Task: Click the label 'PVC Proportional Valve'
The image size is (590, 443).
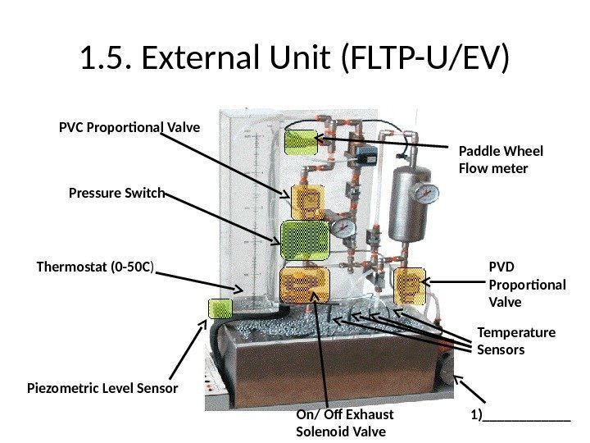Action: tap(129, 128)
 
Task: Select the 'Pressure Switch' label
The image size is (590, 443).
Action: tap(115, 194)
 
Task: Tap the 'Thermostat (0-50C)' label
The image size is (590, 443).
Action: tap(96, 267)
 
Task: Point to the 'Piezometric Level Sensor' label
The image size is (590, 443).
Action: tap(102, 386)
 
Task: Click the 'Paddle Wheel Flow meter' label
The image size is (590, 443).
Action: tap(500, 160)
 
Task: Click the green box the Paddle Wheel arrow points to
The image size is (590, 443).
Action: tap(300, 142)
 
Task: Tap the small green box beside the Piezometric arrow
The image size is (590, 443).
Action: tap(220, 308)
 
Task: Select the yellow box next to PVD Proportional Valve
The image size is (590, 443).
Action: tap(410, 285)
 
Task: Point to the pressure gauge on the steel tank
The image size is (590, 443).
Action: tap(425, 194)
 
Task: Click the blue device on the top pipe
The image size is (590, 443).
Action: tap(370, 153)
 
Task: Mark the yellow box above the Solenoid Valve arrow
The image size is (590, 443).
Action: tap(304, 284)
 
